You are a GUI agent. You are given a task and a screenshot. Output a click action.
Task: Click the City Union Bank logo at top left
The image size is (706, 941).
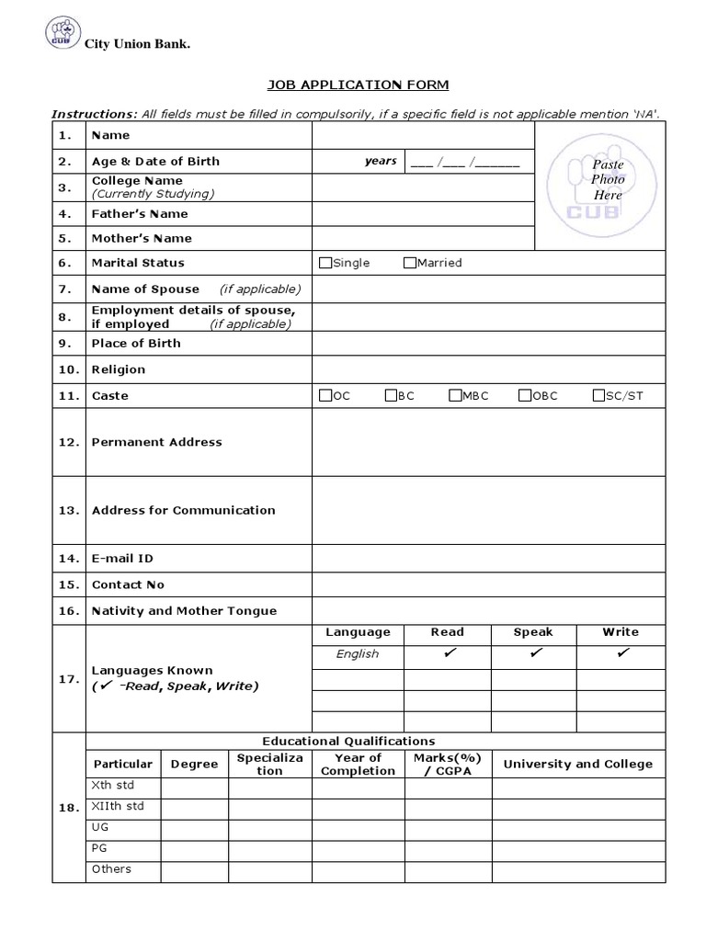tap(61, 36)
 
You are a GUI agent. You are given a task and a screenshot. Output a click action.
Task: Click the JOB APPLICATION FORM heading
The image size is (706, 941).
tap(358, 85)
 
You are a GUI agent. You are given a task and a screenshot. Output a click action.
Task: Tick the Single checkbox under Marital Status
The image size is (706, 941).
tap(325, 263)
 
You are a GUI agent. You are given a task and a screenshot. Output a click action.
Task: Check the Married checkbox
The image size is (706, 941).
tap(410, 263)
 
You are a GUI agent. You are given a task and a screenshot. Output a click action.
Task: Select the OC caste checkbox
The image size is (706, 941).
tap(325, 396)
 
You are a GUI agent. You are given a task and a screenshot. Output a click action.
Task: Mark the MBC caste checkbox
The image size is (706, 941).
tap(455, 396)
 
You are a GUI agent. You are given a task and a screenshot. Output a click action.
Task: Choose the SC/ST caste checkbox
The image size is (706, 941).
tap(599, 396)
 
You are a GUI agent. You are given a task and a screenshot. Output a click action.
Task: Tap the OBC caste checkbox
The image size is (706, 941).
tap(525, 396)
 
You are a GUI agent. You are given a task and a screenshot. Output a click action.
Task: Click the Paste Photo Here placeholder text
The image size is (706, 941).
tap(608, 180)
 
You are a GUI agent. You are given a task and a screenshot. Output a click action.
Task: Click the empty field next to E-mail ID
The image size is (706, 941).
tap(500, 558)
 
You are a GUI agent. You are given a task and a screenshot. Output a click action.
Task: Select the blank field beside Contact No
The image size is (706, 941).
tap(500, 584)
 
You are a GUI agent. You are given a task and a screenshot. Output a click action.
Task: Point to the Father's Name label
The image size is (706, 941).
tap(140, 214)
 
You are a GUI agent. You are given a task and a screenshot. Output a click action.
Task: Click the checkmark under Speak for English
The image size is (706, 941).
tap(534, 653)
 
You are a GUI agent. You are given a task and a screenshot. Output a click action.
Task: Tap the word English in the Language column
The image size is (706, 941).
tap(358, 654)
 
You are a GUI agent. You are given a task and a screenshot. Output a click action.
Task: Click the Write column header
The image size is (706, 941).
tap(621, 632)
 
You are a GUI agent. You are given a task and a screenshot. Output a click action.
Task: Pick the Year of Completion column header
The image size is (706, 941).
tap(358, 765)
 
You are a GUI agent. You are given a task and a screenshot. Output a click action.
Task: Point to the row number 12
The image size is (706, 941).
tap(69, 442)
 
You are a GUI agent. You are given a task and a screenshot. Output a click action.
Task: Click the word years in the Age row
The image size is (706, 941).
tap(381, 161)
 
